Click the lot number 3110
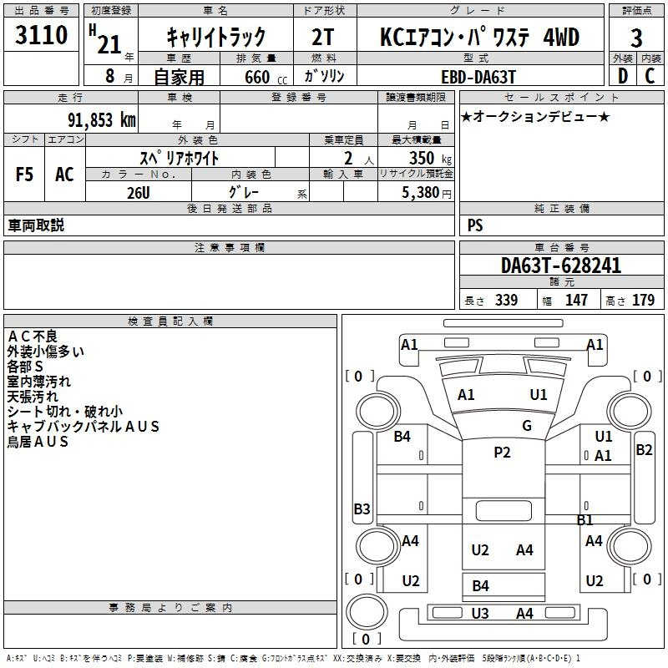[x=41, y=35]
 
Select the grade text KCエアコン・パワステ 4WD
[x=479, y=37]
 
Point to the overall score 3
[x=636, y=38]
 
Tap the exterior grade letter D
[x=623, y=76]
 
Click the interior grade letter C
[x=650, y=76]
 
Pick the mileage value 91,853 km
[x=102, y=120]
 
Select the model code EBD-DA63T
[x=478, y=77]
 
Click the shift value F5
[x=24, y=175]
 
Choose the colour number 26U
[x=139, y=193]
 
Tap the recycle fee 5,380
[x=421, y=193]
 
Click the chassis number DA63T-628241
[x=561, y=266]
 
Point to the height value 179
[x=643, y=300]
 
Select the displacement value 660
[x=257, y=77]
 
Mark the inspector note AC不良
[x=33, y=337]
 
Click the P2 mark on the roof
[x=502, y=452]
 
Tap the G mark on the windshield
[x=527, y=425]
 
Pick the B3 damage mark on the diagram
[x=362, y=509]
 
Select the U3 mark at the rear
[x=479, y=614]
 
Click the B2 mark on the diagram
[x=644, y=450]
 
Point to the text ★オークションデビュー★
[x=535, y=116]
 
